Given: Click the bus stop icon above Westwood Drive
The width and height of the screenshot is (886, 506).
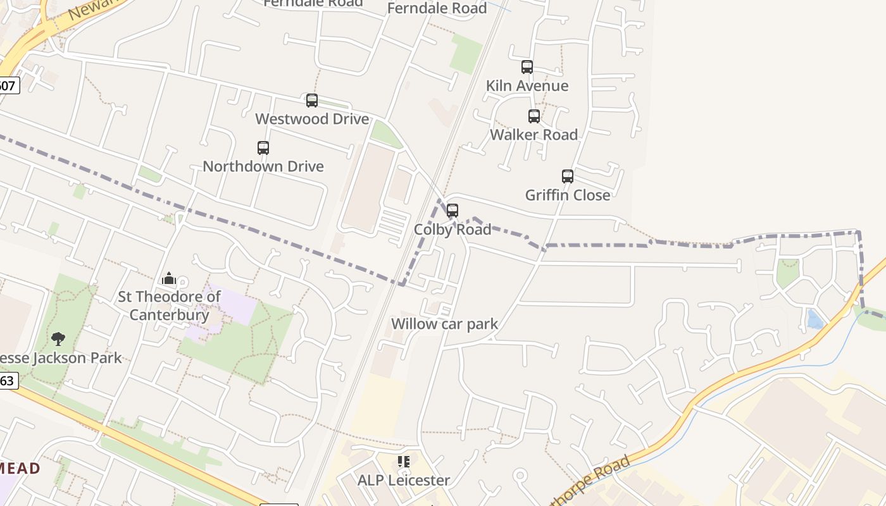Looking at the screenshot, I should pyautogui.click(x=311, y=101).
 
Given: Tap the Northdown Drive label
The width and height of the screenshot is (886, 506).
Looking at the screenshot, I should pyautogui.click(x=263, y=166).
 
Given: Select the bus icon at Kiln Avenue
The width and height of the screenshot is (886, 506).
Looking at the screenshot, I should pyautogui.click(x=527, y=67).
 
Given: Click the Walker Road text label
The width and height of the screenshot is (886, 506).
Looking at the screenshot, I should pyautogui.click(x=533, y=135).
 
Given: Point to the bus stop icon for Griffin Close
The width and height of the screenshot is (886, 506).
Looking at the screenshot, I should pyautogui.click(x=567, y=176).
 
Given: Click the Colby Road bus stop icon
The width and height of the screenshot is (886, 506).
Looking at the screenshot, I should pyautogui.click(x=452, y=211).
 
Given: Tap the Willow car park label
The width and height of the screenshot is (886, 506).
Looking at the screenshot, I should pyautogui.click(x=444, y=324).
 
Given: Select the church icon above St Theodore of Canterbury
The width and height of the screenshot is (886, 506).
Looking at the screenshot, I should pyautogui.click(x=169, y=278).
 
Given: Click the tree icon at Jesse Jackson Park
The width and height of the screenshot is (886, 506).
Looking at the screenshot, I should pyautogui.click(x=58, y=339).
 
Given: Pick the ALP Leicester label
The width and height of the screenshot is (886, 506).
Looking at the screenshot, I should pyautogui.click(x=404, y=481).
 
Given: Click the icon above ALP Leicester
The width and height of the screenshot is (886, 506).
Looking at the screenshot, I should pyautogui.click(x=404, y=462).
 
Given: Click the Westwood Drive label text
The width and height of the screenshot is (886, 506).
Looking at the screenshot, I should pyautogui.click(x=311, y=119).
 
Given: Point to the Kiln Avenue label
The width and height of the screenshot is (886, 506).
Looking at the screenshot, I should pyautogui.click(x=527, y=86).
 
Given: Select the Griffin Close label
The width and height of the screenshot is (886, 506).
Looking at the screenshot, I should pyautogui.click(x=567, y=195).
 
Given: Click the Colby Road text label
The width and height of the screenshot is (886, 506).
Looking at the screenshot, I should pyautogui.click(x=452, y=230).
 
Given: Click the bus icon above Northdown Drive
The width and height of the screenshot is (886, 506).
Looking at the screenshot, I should pyautogui.click(x=263, y=148).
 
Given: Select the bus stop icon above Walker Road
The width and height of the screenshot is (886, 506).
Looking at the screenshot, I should pyautogui.click(x=533, y=116).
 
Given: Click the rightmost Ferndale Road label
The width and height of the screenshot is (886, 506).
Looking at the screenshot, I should pyautogui.click(x=437, y=8).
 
